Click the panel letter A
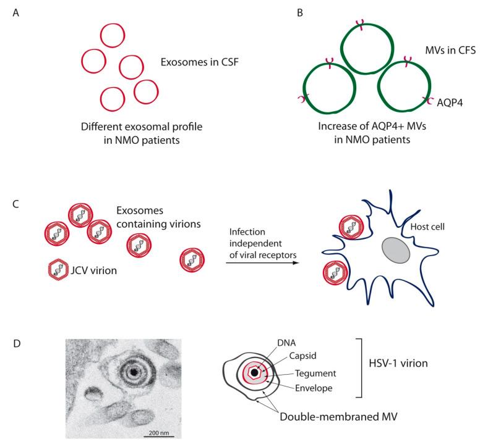pos(8,11)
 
